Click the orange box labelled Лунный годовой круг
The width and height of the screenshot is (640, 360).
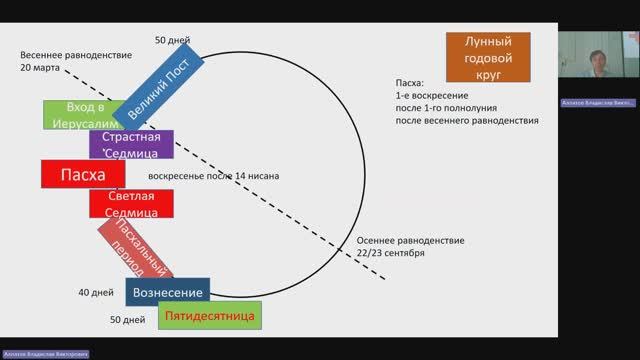(489, 58)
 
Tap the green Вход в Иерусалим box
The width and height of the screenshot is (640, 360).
(79, 114)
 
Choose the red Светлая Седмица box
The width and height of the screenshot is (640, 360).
(132, 203)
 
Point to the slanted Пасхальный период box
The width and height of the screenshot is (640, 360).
(135, 249)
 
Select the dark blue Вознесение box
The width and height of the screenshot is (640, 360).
(167, 292)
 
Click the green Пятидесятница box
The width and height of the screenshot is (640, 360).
(210, 316)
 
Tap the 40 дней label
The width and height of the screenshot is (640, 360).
(96, 292)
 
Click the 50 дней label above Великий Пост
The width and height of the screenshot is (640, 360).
(172, 40)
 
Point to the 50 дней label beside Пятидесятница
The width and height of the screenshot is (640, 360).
(129, 319)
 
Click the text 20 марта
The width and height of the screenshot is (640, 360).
(39, 68)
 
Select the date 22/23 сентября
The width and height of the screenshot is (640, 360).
(391, 253)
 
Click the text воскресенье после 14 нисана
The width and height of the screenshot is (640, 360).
(213, 176)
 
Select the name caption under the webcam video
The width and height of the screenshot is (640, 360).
(597, 102)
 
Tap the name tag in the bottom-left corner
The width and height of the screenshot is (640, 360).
(44, 354)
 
